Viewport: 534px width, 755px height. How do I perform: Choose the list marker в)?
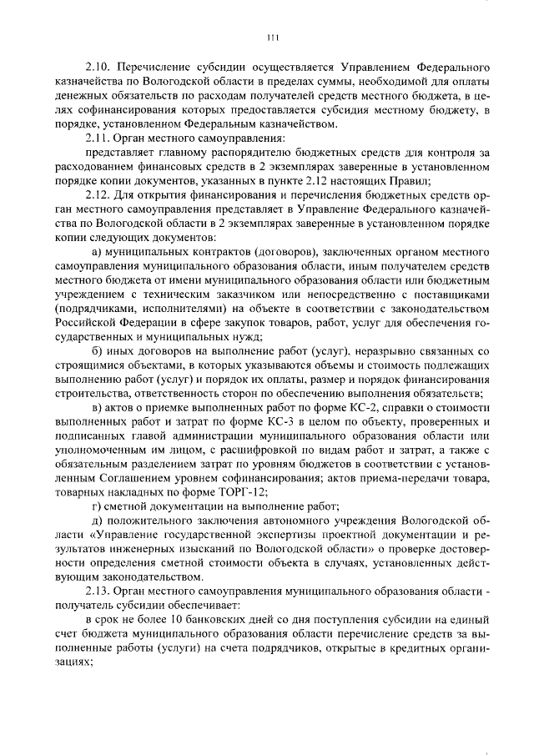tap(98, 407)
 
